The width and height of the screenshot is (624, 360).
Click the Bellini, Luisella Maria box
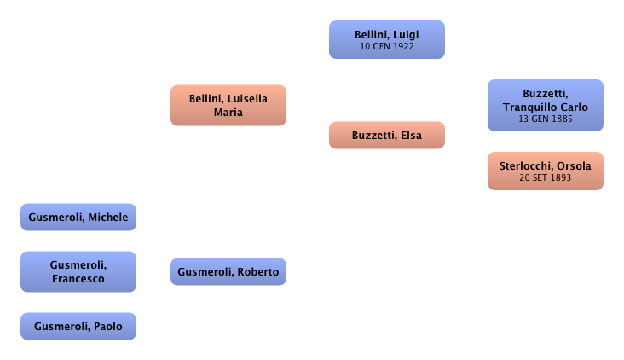228,105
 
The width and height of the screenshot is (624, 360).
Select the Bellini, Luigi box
387,39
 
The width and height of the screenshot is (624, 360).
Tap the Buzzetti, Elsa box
386,135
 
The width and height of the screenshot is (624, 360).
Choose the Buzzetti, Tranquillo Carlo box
545,105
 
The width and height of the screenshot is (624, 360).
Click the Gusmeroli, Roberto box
229,271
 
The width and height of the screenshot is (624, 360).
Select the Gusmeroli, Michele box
78,218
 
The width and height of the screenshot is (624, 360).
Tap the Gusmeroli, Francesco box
78,271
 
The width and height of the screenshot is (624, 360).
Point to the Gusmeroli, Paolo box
78,325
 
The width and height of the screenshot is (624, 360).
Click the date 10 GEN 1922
387,46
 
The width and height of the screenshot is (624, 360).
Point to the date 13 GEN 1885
545,119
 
